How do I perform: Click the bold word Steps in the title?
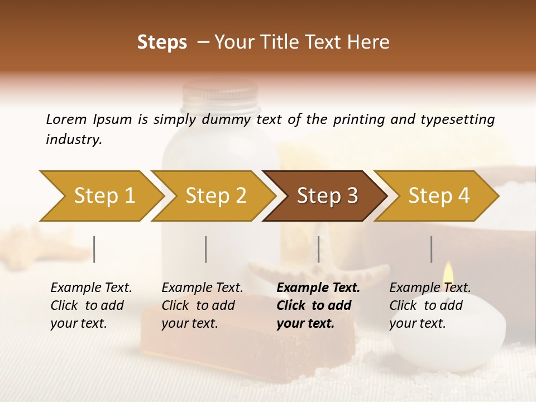tap(162, 42)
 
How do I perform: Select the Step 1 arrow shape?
tap(104, 196)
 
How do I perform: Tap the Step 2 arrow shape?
tap(216, 196)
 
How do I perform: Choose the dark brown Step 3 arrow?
tap(327, 196)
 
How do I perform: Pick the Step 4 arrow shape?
tap(438, 196)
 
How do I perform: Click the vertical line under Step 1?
tap(94, 249)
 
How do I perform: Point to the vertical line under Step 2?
tap(206, 249)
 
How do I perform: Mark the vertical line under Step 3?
tap(318, 249)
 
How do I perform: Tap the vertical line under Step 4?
tap(431, 249)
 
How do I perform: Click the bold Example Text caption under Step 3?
tap(318, 305)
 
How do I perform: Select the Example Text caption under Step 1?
tap(91, 305)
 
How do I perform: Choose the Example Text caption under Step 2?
tap(202, 305)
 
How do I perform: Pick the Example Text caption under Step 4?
tap(429, 305)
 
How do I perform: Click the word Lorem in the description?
tap(66, 119)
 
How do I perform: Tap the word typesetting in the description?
tap(457, 119)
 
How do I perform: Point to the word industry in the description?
tap(74, 140)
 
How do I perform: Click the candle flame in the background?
tap(447, 272)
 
